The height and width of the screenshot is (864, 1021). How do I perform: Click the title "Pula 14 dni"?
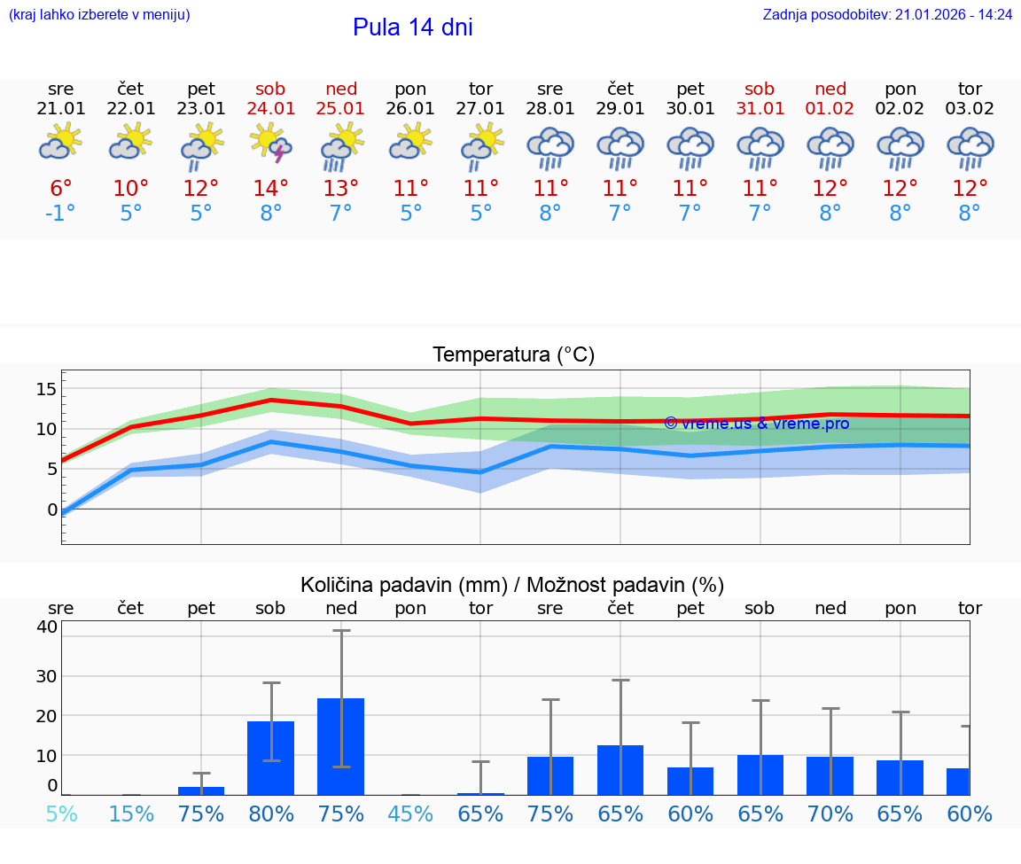(412, 27)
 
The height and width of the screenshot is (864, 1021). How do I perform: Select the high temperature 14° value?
(271, 188)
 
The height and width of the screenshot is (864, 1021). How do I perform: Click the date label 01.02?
(830, 109)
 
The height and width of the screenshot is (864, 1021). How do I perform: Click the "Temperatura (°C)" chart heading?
(513, 355)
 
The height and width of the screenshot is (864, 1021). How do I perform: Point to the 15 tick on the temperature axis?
(46, 389)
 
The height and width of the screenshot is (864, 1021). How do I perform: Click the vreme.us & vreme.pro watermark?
(756, 424)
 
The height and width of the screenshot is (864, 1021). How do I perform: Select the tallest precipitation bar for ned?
(341, 746)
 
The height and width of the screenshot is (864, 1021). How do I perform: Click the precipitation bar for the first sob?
(271, 758)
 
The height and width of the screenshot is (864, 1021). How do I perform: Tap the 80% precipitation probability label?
(271, 814)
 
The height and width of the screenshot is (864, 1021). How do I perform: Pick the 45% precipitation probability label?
(411, 814)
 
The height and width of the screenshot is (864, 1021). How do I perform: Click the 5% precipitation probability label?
(61, 814)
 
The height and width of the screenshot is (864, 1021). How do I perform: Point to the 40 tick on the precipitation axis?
(46, 627)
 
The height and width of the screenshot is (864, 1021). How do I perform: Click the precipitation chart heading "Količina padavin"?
(512, 585)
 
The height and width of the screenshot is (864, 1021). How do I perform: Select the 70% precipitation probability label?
(830, 814)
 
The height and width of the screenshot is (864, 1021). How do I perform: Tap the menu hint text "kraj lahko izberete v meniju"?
(99, 15)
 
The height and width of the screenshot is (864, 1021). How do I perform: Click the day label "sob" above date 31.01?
(760, 89)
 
